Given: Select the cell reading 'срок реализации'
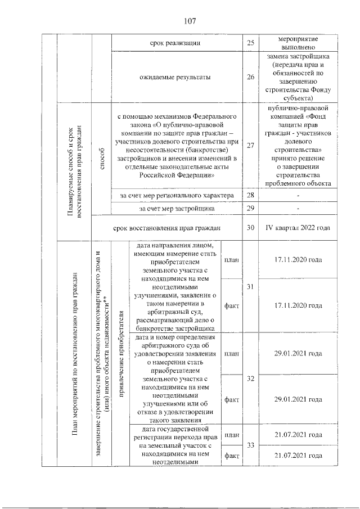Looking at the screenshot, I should (177, 43).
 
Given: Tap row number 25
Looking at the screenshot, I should (250, 43).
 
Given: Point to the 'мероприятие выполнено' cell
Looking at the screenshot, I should (298, 43).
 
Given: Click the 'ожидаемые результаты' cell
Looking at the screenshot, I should (177, 78).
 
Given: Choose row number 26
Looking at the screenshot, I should (250, 78).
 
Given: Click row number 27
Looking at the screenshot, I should (250, 146).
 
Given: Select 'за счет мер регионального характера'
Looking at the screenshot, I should (177, 195).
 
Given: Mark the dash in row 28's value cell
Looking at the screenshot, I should (298, 195).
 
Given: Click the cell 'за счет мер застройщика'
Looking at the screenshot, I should (177, 209).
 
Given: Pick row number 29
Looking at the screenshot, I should (250, 209).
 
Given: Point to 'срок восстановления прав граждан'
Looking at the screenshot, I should (168, 228).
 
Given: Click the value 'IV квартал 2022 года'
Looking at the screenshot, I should (298, 228).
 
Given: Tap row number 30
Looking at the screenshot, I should (250, 228).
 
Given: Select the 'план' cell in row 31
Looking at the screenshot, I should (231, 260).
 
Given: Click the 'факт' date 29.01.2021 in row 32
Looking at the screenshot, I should (298, 399).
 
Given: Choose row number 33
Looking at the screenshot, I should (250, 445).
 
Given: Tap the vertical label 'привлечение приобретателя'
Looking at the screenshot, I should (120, 353).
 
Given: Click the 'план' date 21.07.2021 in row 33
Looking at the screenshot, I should (298, 435).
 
